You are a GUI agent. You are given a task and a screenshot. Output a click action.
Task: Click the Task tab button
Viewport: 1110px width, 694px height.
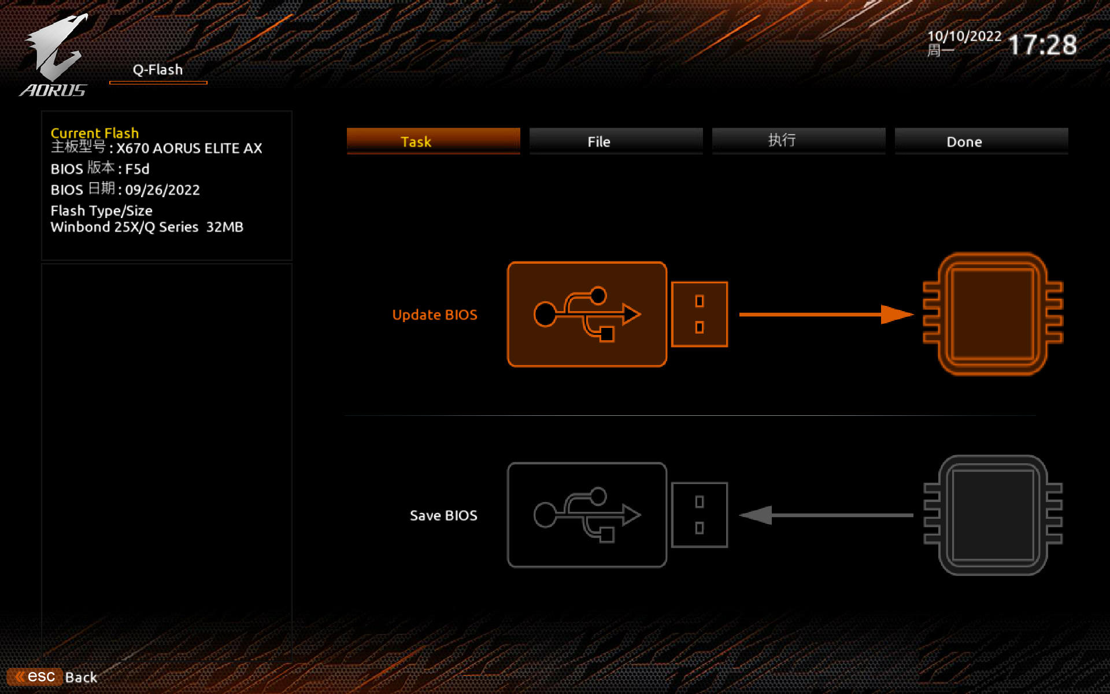[x=433, y=141]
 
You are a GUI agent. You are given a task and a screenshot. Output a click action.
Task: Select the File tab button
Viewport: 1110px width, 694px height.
[x=616, y=141]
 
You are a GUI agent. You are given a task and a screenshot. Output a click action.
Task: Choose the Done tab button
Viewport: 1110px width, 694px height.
[x=981, y=141]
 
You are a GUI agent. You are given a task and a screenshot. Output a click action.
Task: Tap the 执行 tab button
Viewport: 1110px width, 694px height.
[x=798, y=141]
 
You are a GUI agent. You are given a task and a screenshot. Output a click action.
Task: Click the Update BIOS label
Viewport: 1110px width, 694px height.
[x=435, y=315]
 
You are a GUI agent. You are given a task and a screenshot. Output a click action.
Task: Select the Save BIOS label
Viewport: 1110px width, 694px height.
[x=443, y=515]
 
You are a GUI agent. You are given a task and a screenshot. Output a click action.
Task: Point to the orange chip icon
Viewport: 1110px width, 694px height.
[x=993, y=314]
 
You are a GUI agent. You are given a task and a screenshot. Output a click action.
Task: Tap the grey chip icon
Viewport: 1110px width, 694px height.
[x=993, y=515]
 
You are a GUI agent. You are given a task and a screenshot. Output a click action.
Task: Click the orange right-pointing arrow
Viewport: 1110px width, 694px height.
[x=826, y=315]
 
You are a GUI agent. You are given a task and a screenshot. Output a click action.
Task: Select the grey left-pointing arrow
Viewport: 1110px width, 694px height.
[x=826, y=515]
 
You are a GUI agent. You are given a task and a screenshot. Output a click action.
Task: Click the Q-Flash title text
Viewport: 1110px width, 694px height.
[x=158, y=70]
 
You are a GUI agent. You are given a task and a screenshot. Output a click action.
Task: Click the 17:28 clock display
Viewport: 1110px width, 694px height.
[x=1042, y=45]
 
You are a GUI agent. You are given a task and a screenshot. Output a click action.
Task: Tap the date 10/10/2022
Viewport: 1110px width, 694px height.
[x=964, y=36]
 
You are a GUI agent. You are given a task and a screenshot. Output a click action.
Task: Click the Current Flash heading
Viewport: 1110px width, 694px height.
[x=95, y=133]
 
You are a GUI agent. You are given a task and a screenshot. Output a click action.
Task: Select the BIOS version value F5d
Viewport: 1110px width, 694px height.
[x=138, y=169]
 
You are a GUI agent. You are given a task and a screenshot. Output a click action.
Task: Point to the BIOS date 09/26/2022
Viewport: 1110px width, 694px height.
[x=162, y=190]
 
